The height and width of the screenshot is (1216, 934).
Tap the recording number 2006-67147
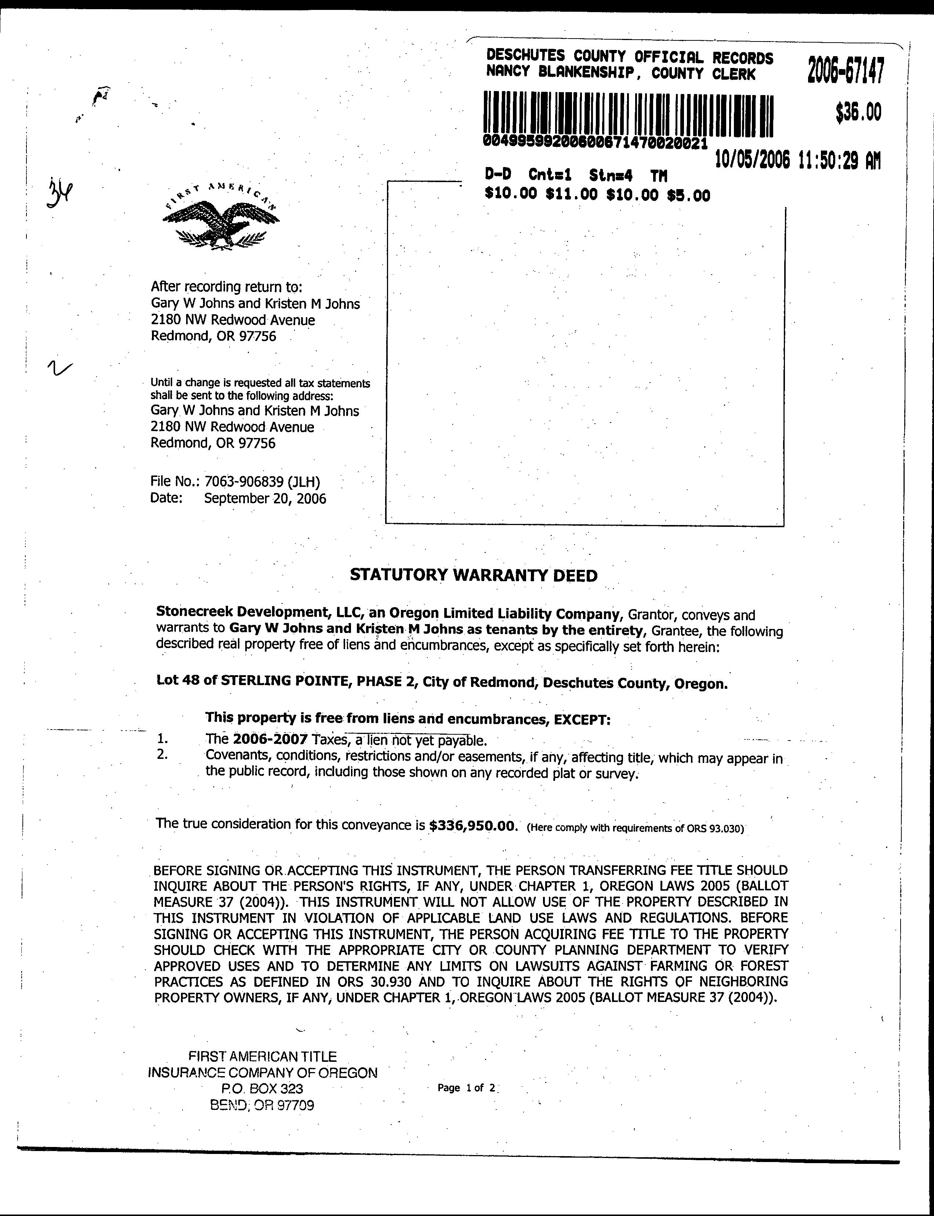pyautogui.click(x=845, y=70)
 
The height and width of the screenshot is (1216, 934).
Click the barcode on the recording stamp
pyautogui.click(x=628, y=115)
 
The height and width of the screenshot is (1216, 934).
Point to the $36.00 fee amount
pyautogui.click(x=858, y=113)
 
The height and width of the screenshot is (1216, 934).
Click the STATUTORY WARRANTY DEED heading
pyautogui.click(x=474, y=575)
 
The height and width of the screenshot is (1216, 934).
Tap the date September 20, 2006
pyautogui.click(x=265, y=498)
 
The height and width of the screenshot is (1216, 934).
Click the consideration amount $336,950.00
pyautogui.click(x=474, y=825)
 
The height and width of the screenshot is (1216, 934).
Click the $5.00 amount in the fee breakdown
pyautogui.click(x=688, y=195)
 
